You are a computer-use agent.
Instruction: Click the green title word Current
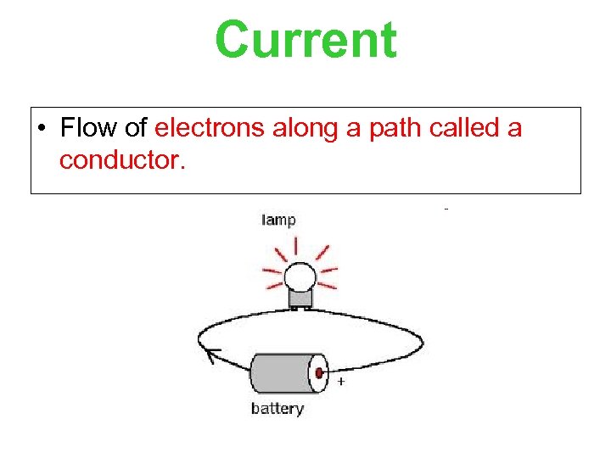coord(305,41)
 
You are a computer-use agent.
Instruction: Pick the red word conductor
coord(120,159)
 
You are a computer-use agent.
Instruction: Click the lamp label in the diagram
coord(278,221)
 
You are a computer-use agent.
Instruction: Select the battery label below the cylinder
coord(277,409)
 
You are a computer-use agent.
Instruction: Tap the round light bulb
coord(300,276)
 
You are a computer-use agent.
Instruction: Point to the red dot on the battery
coord(320,373)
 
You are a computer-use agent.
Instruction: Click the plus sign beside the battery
coord(341,382)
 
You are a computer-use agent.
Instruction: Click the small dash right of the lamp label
coord(446,208)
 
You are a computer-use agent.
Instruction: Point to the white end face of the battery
coord(317,373)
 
